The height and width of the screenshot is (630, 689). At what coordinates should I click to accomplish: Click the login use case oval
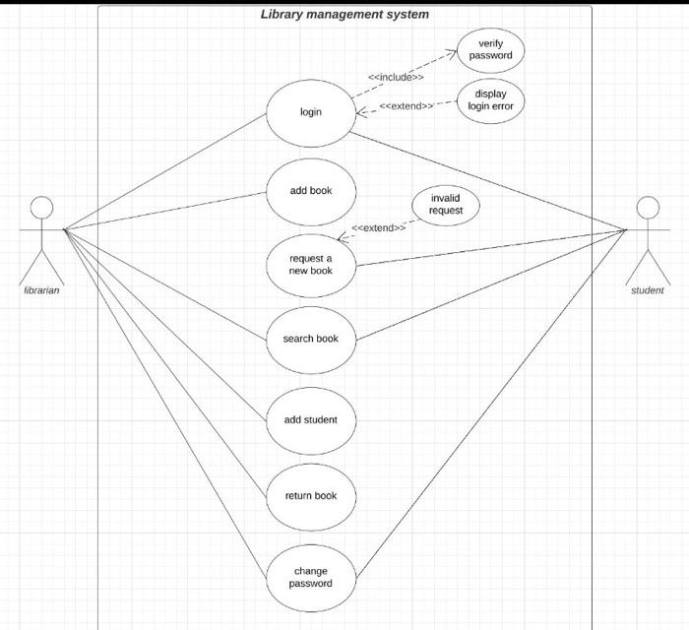click(310, 111)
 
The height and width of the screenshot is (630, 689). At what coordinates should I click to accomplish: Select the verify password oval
click(490, 50)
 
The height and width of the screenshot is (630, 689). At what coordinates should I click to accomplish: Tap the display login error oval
click(490, 99)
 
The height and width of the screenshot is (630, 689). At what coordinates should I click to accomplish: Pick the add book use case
click(310, 190)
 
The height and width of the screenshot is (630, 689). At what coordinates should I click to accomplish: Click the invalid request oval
click(445, 205)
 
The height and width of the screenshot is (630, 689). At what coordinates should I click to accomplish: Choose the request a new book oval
click(310, 264)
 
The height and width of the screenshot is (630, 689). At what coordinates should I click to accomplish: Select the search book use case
click(310, 339)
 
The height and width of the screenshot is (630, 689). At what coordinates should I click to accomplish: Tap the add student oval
click(310, 419)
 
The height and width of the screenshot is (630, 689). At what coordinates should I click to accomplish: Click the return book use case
click(310, 495)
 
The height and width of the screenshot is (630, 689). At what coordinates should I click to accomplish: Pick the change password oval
click(310, 577)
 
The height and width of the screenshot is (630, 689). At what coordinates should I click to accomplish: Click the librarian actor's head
click(41, 208)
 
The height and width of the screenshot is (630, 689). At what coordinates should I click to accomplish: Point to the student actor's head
click(647, 208)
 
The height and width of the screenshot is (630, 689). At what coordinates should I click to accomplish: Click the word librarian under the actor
click(41, 290)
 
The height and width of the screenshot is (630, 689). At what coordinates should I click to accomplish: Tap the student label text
click(647, 290)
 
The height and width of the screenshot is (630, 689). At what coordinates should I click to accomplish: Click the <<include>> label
click(396, 77)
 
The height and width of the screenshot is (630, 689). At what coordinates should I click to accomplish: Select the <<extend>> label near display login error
click(407, 106)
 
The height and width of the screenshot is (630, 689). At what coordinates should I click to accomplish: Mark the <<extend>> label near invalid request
click(379, 228)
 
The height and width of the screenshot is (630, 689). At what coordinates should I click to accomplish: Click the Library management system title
click(344, 15)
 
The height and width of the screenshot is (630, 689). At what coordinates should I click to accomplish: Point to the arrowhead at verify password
click(453, 53)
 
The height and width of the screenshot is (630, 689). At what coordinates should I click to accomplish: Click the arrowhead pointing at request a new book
click(342, 237)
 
